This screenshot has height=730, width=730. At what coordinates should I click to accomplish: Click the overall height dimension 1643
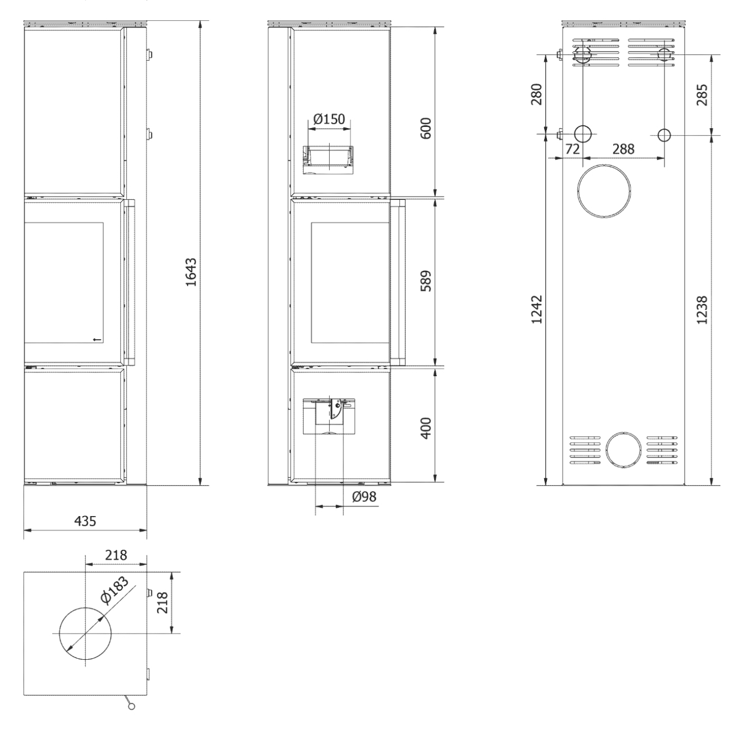(x=191, y=272)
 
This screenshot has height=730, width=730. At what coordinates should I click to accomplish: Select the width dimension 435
(x=85, y=521)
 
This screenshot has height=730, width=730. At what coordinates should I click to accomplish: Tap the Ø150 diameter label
(x=329, y=119)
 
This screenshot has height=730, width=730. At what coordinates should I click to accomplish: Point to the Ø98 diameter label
(x=364, y=496)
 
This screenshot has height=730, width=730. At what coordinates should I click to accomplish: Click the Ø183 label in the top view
(x=115, y=591)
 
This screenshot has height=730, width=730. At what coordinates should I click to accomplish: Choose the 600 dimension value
(x=426, y=129)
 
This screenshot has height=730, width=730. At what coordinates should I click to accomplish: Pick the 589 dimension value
(x=426, y=281)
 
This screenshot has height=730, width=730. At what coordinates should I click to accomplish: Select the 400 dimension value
(x=426, y=428)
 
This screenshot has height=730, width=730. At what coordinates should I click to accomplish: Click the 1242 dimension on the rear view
(x=537, y=309)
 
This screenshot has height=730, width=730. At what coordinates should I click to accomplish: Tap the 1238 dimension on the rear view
(x=702, y=310)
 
